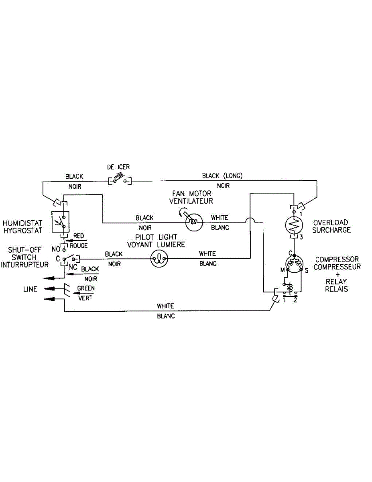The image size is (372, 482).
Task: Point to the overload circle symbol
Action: click(294, 225)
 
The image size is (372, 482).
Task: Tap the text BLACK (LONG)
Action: click(222, 176)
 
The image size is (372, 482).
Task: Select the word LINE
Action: click(30, 289)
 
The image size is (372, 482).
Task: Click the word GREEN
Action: click(86, 288)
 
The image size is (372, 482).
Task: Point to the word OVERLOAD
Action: click(331, 222)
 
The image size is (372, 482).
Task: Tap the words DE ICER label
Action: click(118, 167)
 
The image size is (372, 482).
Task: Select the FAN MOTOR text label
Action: click(191, 194)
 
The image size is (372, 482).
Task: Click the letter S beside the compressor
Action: click(306, 270)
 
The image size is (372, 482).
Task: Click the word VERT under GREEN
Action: click(86, 298)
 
